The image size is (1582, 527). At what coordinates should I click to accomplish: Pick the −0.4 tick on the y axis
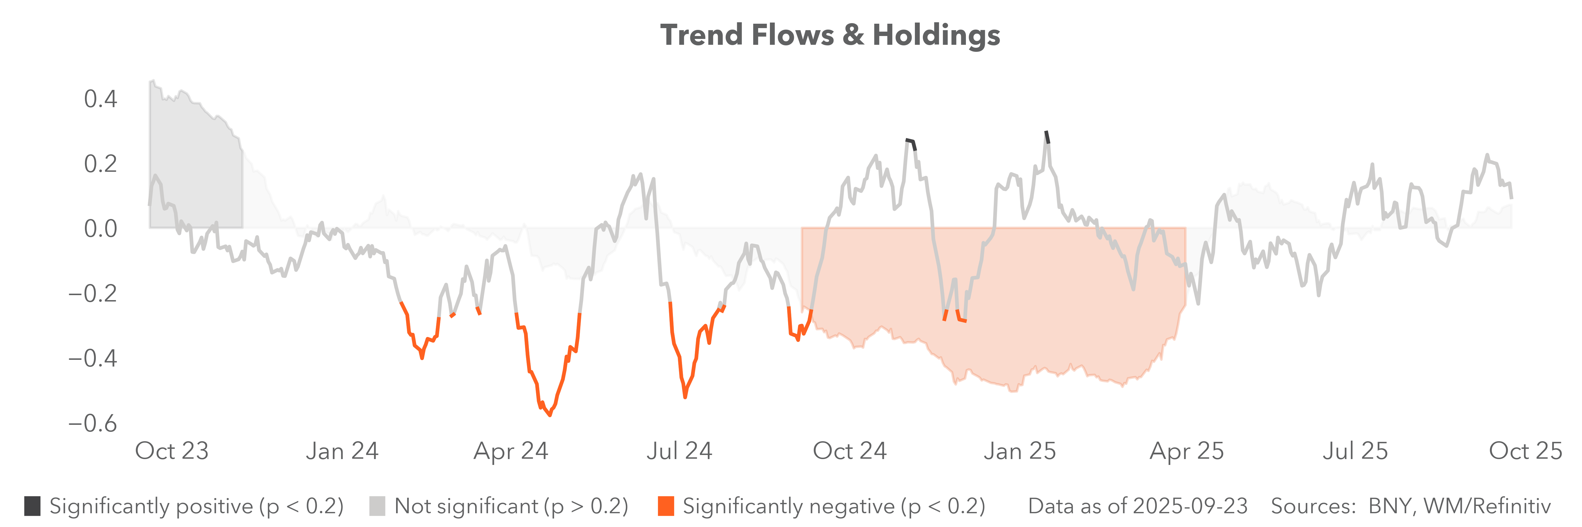(93, 358)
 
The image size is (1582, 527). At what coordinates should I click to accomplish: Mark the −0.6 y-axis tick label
(93, 423)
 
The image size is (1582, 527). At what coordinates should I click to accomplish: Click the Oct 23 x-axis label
(172, 451)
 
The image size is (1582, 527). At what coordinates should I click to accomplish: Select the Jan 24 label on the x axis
(342, 451)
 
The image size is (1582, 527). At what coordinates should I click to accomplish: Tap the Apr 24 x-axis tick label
(511, 451)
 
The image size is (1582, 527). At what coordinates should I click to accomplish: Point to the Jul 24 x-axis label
(679, 451)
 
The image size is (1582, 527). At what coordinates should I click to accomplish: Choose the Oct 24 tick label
(850, 451)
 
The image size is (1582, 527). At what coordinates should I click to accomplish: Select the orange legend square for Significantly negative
(666, 506)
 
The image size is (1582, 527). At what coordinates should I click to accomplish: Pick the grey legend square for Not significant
(377, 506)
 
